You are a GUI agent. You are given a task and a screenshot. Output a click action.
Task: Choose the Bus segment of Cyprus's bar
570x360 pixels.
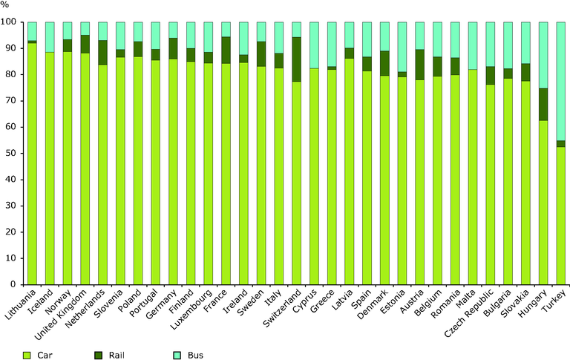tap(315, 45)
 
